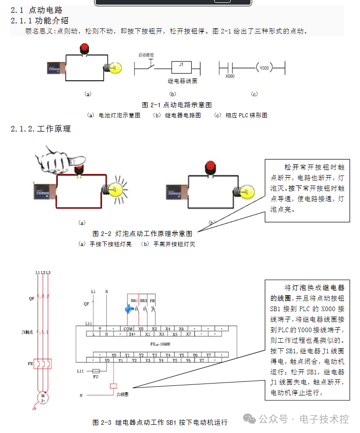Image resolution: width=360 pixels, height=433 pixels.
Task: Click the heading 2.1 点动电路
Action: tap(37, 10)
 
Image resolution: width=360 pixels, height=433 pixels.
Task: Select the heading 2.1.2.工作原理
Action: tap(41, 129)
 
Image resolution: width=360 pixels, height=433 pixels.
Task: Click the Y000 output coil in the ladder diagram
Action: tap(264, 68)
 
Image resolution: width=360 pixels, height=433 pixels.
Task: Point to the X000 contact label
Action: tap(230, 77)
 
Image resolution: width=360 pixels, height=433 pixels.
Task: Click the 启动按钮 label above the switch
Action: tap(146, 55)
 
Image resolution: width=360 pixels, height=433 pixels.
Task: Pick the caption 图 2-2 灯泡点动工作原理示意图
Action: tap(143, 233)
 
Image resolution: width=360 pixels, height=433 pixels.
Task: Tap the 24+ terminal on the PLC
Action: tap(131, 334)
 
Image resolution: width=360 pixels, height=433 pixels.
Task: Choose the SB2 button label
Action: tap(143, 300)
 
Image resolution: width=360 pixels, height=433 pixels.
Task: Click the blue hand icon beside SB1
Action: tap(130, 310)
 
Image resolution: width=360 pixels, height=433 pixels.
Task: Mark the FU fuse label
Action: tap(96, 377)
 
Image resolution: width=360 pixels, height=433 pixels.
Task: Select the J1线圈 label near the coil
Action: tap(123, 394)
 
